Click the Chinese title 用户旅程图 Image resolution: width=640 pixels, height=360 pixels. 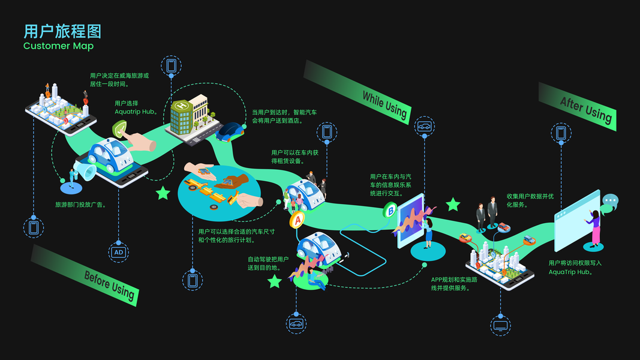[62, 31]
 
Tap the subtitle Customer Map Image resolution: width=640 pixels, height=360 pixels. [59, 46]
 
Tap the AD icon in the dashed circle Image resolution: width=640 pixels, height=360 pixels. [119, 253]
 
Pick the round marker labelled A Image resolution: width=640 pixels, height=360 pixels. [297, 220]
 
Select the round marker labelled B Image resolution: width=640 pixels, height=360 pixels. [391, 211]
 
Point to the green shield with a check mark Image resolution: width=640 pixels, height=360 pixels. [122, 130]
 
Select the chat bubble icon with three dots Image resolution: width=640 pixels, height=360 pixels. [610, 200]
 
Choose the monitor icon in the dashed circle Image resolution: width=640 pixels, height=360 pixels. [500, 326]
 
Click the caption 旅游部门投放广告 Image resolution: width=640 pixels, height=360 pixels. [81, 205]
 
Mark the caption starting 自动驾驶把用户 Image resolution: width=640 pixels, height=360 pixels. [268, 263]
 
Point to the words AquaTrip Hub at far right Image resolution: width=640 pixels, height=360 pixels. [570, 272]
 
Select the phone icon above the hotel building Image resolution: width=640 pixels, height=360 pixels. [172, 65]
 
